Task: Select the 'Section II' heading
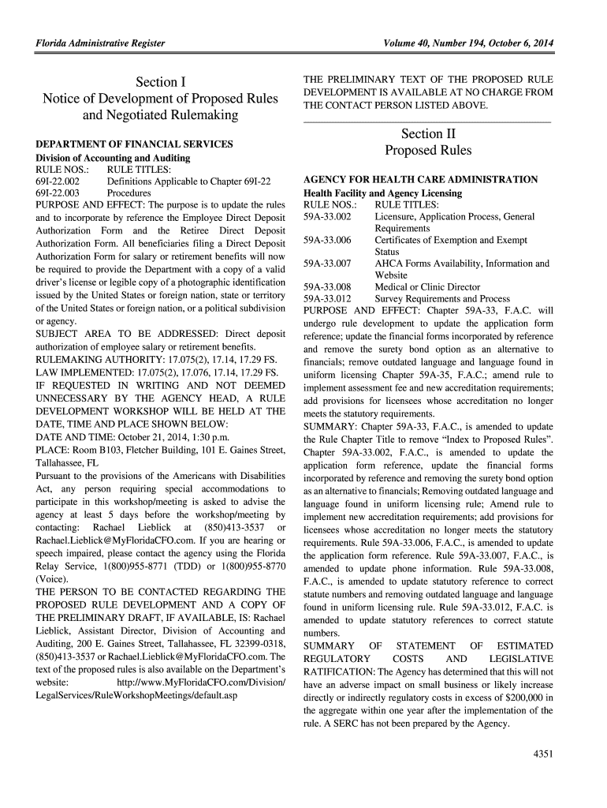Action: click(x=428, y=133)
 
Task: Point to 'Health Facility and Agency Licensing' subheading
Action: click(x=382, y=193)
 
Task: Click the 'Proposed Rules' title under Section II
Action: click(x=428, y=151)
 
